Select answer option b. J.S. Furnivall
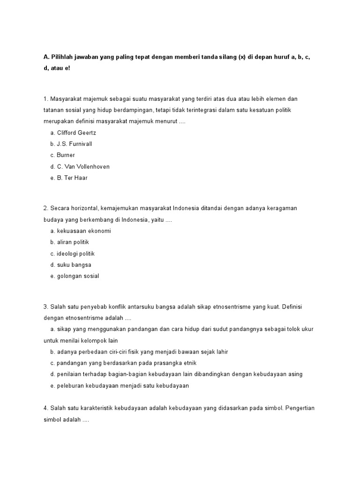[71, 144]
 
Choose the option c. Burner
[63, 155]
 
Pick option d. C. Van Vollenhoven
[80, 166]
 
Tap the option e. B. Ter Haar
[69, 178]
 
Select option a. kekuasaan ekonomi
[81, 231]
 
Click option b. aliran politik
[69, 242]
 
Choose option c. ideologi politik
[73, 254]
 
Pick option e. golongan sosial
[75, 276]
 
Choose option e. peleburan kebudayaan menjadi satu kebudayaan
[120, 385]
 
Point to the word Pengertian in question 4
[300, 408]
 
